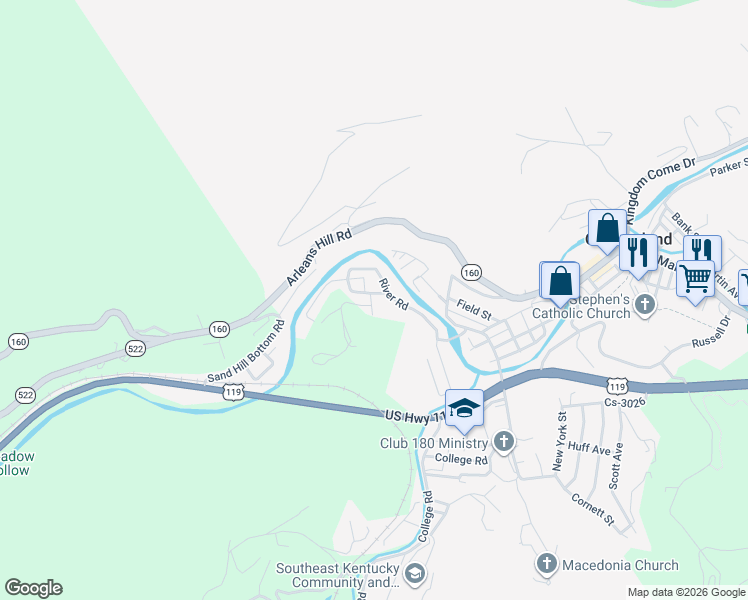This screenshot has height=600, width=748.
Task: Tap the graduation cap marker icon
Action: pyautogui.click(x=463, y=408)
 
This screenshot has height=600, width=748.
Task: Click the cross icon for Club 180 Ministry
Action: pyautogui.click(x=504, y=441)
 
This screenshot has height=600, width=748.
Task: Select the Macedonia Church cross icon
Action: pyautogui.click(x=546, y=564)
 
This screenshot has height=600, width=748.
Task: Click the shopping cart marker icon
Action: pyautogui.click(x=695, y=277)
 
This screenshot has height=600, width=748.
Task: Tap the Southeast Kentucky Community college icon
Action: pyautogui.click(x=415, y=573)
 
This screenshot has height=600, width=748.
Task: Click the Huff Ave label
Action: pyautogui.click(x=588, y=450)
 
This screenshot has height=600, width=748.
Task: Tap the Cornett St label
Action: pyautogui.click(x=592, y=508)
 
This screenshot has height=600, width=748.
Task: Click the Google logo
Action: pyautogui.click(x=33, y=588)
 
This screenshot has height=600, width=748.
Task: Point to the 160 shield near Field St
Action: pyautogui.click(x=472, y=272)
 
